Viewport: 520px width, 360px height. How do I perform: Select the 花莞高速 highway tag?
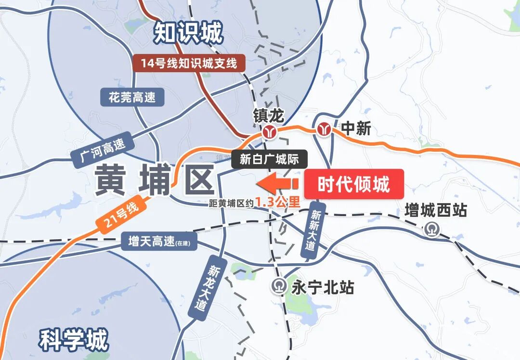[x=132, y=98]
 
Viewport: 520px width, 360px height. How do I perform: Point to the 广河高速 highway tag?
[x=100, y=149]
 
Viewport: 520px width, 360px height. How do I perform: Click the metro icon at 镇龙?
[x=269, y=131]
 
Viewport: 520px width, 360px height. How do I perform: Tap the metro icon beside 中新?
[x=324, y=129]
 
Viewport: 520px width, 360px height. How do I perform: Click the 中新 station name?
[x=356, y=129]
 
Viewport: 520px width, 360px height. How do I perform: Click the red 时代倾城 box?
[x=353, y=184]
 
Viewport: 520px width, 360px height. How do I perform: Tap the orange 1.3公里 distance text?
[x=278, y=203]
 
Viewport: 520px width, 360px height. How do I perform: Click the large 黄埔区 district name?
[x=154, y=180]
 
